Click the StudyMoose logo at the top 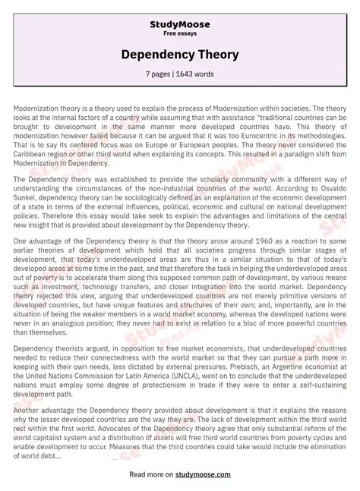(x=179, y=24)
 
